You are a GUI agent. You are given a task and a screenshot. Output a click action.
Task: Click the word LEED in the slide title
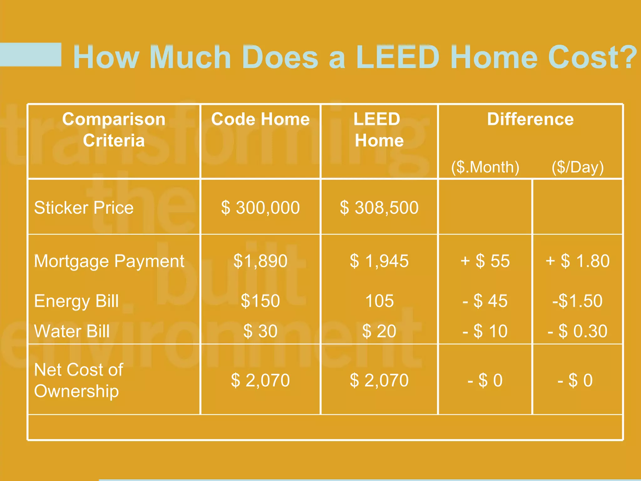tap(398, 57)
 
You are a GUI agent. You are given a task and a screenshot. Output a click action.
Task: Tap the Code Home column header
tap(260, 119)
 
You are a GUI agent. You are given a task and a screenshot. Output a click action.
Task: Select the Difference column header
tap(530, 119)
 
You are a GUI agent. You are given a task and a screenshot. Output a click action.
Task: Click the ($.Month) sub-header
tap(485, 167)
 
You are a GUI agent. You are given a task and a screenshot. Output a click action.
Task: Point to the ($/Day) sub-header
tap(577, 167)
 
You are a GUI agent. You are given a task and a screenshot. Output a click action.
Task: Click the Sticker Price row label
tap(84, 208)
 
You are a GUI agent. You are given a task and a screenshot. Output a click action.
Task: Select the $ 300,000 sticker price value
tap(260, 208)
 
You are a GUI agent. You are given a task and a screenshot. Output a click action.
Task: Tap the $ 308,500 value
tap(379, 208)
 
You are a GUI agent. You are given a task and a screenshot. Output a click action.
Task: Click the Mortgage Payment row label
tap(109, 261)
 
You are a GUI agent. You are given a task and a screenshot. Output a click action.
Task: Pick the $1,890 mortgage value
tap(260, 261)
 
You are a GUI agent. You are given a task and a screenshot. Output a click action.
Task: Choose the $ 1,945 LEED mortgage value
tap(379, 261)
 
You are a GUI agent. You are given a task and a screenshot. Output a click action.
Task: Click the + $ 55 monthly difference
tap(485, 261)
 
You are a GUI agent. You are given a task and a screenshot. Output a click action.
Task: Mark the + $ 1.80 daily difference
tap(577, 261)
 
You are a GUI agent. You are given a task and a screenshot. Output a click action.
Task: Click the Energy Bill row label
tap(76, 301)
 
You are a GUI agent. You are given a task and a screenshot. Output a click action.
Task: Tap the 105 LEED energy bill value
tap(379, 301)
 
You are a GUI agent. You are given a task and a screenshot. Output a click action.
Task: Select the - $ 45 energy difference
tap(485, 301)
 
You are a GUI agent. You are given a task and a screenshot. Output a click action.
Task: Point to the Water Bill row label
tap(72, 331)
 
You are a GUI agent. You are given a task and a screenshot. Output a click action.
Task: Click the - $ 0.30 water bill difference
tap(577, 331)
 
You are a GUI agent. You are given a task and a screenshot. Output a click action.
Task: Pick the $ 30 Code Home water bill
tap(260, 331)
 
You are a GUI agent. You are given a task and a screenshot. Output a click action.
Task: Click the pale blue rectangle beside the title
tap(30, 54)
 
